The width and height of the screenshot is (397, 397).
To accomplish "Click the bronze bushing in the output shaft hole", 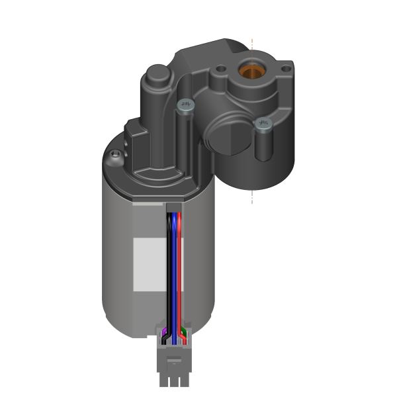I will click(251, 69).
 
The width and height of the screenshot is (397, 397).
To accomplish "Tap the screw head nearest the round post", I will click(186, 104).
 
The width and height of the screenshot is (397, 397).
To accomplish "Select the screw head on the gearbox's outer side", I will click(263, 124).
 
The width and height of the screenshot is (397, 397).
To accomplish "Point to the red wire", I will click(180, 265).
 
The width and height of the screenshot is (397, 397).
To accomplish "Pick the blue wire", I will click(174, 265).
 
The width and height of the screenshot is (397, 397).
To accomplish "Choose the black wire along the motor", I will click(168, 265).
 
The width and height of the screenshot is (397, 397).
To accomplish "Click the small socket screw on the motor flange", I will click(116, 155).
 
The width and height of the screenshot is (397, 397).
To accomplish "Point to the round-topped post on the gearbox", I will click(157, 73).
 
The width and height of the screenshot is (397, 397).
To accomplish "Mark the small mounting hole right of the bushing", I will click(286, 67).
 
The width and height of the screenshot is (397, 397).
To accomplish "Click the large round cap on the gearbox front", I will click(225, 136).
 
